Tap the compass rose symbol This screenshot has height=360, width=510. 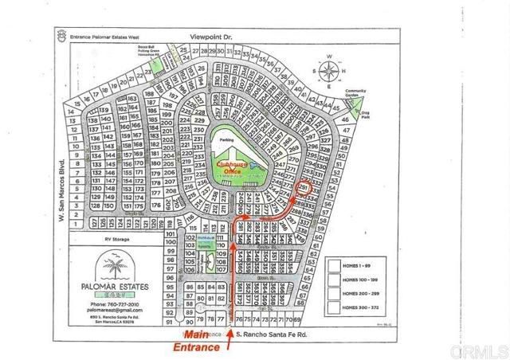[329, 70]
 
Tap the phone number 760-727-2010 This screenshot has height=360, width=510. [115, 305]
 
